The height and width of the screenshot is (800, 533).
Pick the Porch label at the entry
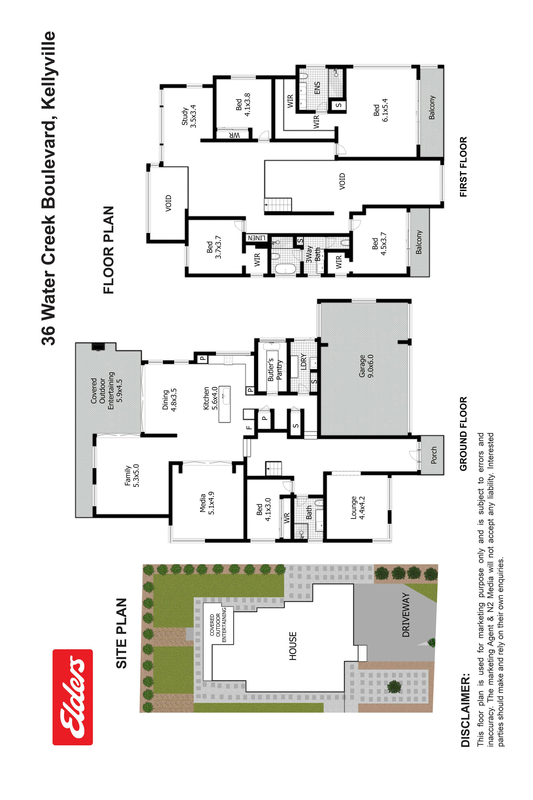coord(434,455)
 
